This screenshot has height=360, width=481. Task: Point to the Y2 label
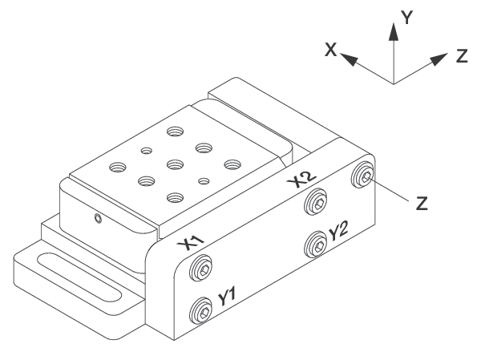click(x=338, y=233)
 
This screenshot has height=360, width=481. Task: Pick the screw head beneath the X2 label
click(x=318, y=203)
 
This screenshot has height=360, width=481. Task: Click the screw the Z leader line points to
click(x=365, y=175)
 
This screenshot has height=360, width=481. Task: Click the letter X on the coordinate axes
click(x=329, y=50)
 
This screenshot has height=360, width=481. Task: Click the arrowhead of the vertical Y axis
click(x=393, y=30)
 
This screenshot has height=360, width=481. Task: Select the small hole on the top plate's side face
click(x=98, y=218)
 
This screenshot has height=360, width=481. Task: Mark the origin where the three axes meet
click(x=393, y=83)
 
